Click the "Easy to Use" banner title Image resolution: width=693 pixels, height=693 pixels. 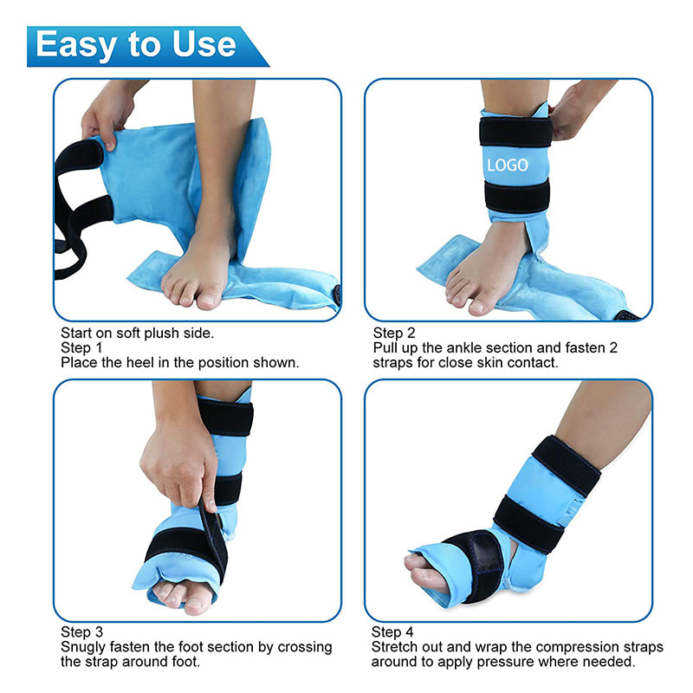coord(136,45)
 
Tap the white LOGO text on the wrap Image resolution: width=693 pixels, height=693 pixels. coord(508,165)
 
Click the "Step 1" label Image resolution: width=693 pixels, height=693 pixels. coord(81,348)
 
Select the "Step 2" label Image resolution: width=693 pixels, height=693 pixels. coord(394,333)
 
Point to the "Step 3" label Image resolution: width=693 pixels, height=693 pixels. coord(81,632)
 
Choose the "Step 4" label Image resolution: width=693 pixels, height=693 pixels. coord(392,632)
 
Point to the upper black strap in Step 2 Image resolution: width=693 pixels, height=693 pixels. coord(515,132)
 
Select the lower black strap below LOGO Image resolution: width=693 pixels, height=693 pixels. coord(516,196)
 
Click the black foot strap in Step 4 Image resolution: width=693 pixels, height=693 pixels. coord(475,564)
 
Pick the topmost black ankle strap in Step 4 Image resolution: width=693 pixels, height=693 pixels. coord(567,465)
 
